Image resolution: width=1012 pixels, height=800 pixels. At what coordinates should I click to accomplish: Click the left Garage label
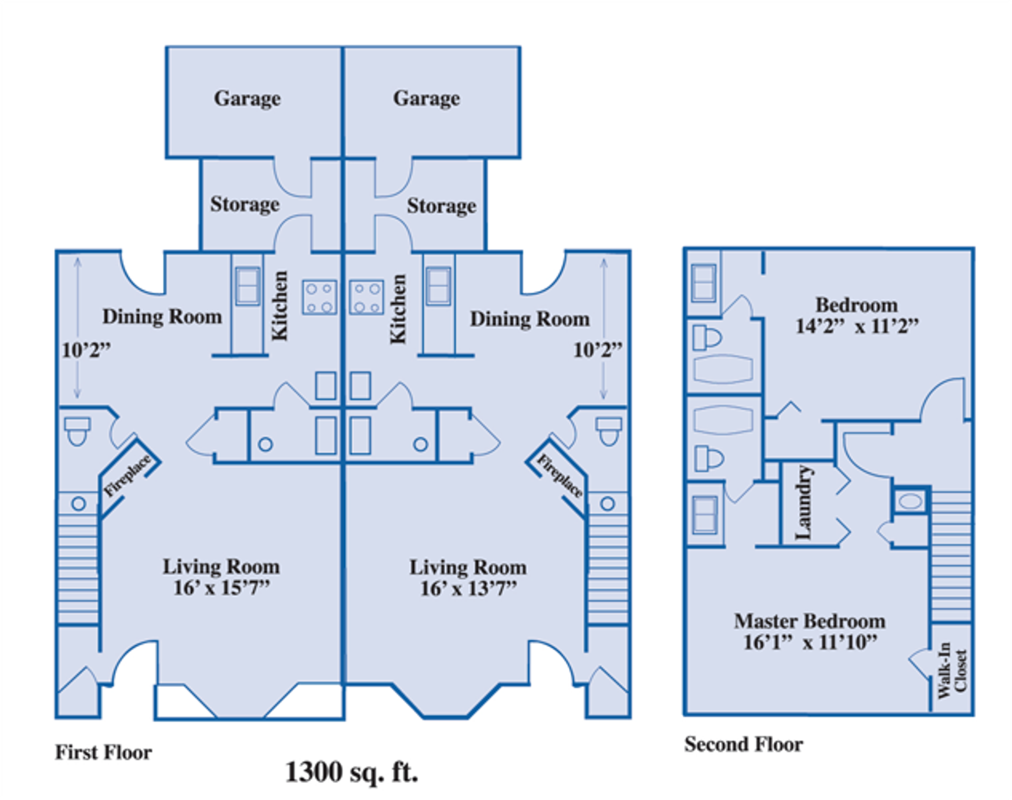pyautogui.click(x=247, y=99)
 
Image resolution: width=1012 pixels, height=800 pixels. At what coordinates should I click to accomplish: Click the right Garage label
pyautogui.click(x=426, y=99)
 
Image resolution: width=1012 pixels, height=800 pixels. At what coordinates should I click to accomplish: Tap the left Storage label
pyautogui.click(x=245, y=205)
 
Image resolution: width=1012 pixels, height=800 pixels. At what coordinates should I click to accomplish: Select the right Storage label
pyautogui.click(x=441, y=206)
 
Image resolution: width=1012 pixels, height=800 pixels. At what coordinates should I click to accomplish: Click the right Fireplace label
pyautogui.click(x=560, y=476)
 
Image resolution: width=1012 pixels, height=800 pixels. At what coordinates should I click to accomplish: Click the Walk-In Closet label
pyautogui.click(x=952, y=670)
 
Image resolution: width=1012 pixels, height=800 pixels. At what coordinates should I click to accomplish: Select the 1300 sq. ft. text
pyautogui.click(x=352, y=773)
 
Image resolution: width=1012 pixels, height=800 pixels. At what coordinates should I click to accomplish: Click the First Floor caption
pyautogui.click(x=103, y=753)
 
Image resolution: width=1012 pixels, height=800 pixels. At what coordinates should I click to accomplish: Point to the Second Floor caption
pyautogui.click(x=744, y=745)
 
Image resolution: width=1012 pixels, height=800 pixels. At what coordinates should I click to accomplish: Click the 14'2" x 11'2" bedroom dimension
pyautogui.click(x=857, y=326)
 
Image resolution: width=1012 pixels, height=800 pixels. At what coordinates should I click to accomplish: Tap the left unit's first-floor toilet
pyautogui.click(x=77, y=431)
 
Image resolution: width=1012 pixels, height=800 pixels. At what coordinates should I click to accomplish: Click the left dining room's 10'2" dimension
pyautogui.click(x=86, y=350)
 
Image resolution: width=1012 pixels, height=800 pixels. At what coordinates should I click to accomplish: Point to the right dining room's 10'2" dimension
pyautogui.click(x=598, y=350)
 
